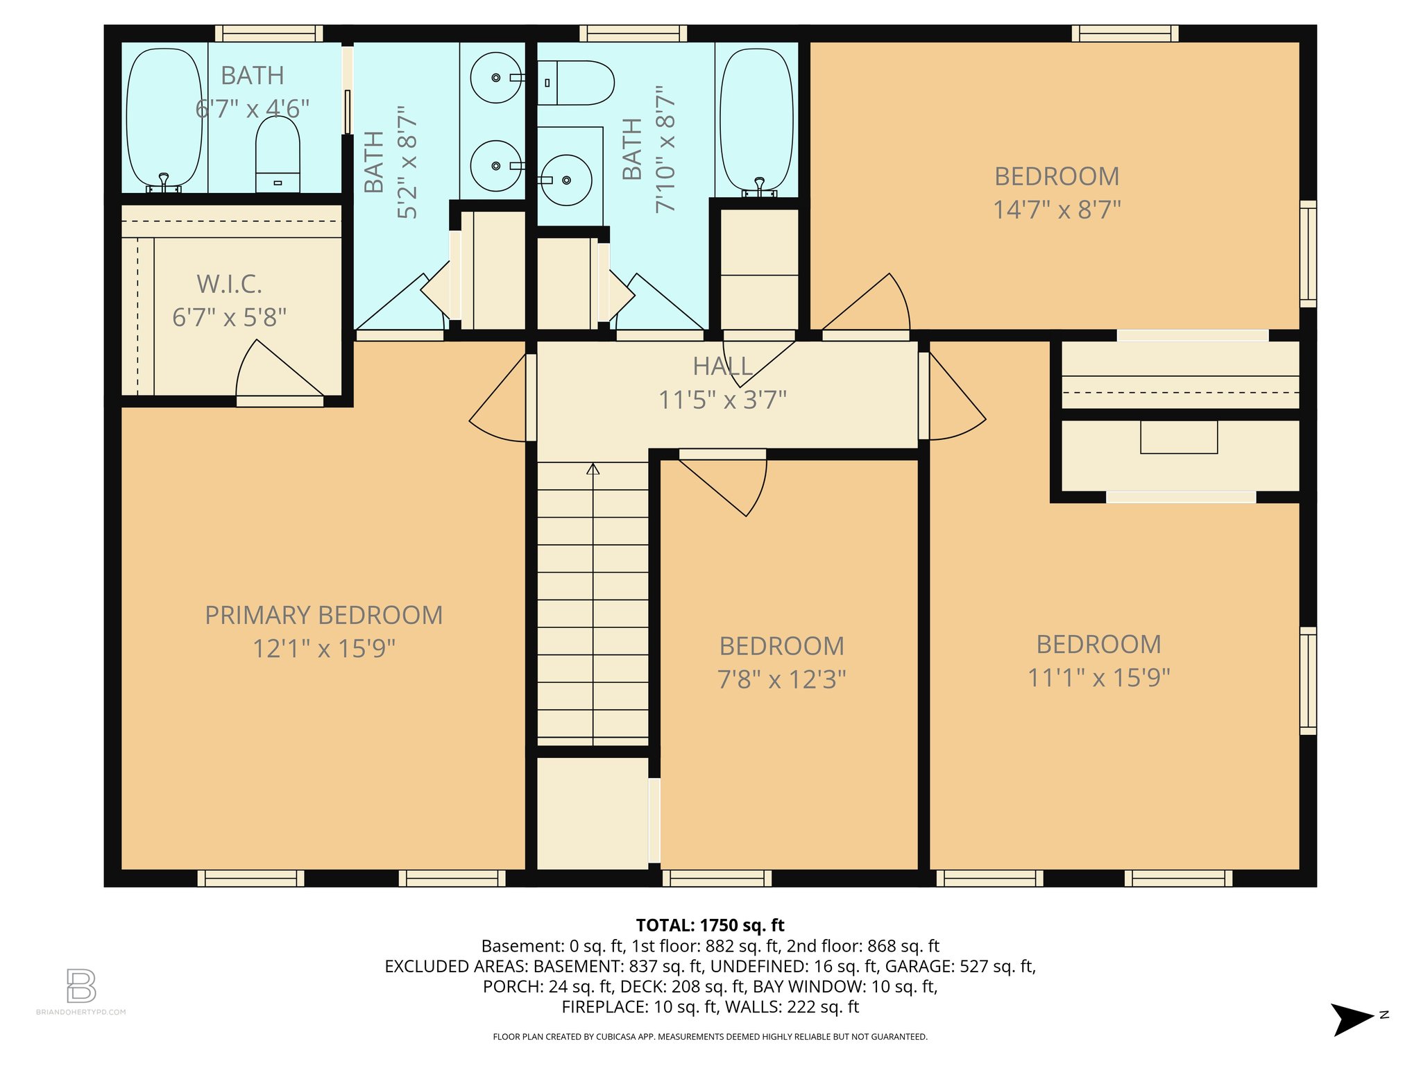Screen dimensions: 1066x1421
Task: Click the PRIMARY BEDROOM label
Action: point(323,616)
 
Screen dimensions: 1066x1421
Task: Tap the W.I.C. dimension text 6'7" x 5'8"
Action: point(229,318)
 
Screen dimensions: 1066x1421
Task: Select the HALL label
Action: point(722,366)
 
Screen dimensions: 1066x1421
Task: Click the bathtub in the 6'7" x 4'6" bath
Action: point(164,118)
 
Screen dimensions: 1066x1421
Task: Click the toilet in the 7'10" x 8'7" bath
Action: point(575,83)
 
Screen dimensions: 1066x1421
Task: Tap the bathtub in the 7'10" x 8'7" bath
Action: point(756,118)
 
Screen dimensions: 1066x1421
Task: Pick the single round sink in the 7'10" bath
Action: point(566,180)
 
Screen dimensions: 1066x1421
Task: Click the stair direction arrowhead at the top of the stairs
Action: point(593,469)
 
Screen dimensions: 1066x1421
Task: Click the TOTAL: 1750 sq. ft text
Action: point(710,925)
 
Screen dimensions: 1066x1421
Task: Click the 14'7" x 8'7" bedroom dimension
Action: point(1057,210)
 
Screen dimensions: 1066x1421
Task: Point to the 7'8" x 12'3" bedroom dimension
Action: point(781,679)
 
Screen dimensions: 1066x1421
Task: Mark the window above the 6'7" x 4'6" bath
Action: point(269,33)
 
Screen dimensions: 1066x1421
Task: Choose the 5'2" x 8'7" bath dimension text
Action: point(408,162)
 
